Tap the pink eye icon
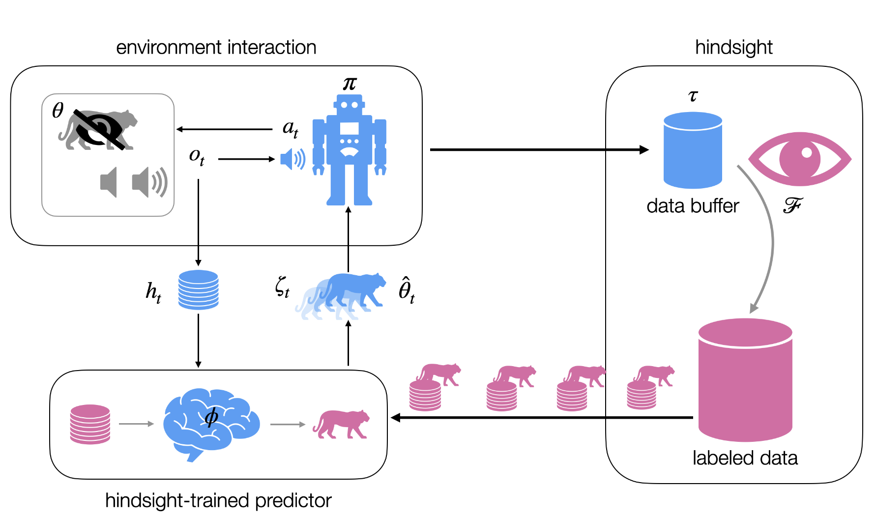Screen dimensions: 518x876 pyautogui.click(x=799, y=159)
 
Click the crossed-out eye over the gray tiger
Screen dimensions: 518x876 pyautogui.click(x=99, y=129)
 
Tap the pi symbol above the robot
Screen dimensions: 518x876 pyautogui.click(x=350, y=84)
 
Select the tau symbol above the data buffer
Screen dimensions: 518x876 pyautogui.click(x=693, y=95)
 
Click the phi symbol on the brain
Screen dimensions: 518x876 pyautogui.click(x=211, y=417)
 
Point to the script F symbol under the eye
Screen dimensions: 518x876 pyautogui.click(x=792, y=205)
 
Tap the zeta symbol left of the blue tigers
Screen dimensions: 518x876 pyautogui.click(x=282, y=287)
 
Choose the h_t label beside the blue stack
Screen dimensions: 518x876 pyautogui.click(x=153, y=292)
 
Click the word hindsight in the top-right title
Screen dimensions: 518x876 pyautogui.click(x=733, y=48)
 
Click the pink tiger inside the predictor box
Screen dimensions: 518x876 pyautogui.click(x=341, y=424)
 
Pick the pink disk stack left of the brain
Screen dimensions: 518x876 pyautogui.click(x=90, y=424)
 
